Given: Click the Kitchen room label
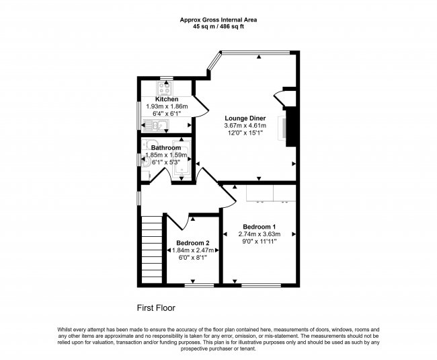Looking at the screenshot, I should pos(166,99).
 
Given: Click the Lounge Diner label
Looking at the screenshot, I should pos(245,118).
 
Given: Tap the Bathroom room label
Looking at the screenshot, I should pos(165,147).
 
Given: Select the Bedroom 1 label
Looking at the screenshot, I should pos(260,226).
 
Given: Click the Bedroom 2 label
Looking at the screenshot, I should pos(193,243).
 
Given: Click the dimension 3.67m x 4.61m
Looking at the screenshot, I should pos(245,126).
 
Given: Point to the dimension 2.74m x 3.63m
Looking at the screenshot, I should pos(260,234).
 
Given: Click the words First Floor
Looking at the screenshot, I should pos(156,308).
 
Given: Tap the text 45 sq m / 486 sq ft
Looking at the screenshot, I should pos(218,27).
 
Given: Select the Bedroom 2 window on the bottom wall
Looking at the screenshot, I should pos(194,284).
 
